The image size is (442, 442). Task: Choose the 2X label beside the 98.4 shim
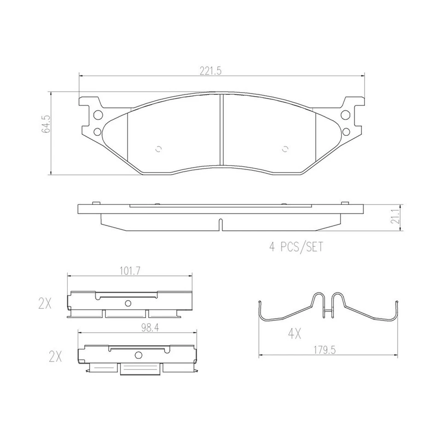pyautogui.click(x=55, y=356)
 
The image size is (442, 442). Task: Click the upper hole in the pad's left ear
pyautogui.click(x=97, y=115)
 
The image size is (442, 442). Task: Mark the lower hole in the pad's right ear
pyautogui.click(x=345, y=132)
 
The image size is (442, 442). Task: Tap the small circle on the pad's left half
pyautogui.click(x=159, y=149)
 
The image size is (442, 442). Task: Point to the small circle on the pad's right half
pyautogui.click(x=285, y=149)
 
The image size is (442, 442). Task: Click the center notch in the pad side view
pyautogui.click(x=221, y=225)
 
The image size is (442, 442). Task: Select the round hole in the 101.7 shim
pyautogui.click(x=128, y=302)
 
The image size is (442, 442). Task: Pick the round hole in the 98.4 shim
pyautogui.click(x=137, y=355)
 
